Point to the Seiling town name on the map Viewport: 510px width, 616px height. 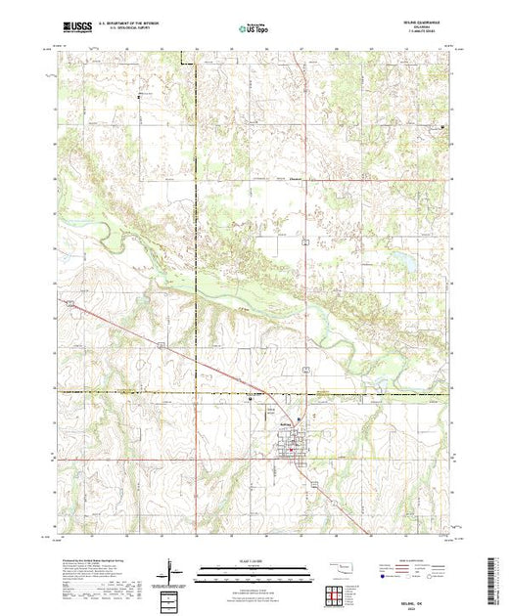285,422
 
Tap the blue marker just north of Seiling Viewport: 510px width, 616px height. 287,412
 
